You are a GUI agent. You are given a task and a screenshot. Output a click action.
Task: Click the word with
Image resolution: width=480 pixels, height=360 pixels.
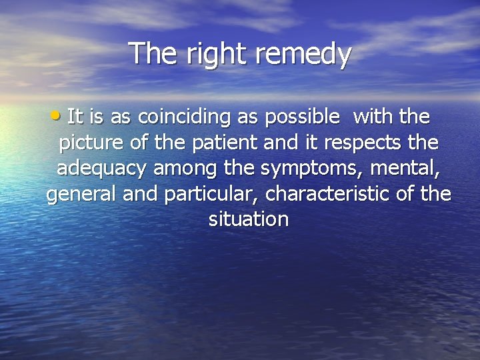point(373,117)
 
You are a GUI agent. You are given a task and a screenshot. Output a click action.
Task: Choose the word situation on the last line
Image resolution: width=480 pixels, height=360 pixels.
point(248,219)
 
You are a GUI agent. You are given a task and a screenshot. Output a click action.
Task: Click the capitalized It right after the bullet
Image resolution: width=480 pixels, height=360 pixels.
point(75,117)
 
